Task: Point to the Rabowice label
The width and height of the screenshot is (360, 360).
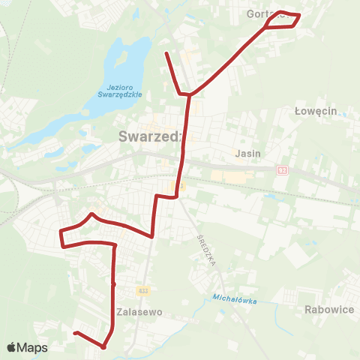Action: coord(329,309)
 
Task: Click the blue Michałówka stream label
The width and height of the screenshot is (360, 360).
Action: coord(235,300)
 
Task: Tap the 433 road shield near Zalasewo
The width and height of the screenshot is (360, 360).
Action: coord(143,289)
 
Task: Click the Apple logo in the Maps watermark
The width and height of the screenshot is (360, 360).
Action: coord(12,347)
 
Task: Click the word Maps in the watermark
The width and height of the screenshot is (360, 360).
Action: coord(32,347)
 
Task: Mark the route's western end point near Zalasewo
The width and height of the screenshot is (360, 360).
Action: coord(75,332)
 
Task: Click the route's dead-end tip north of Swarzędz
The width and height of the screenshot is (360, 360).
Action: coord(166,52)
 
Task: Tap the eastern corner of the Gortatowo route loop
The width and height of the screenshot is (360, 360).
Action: coord(299,15)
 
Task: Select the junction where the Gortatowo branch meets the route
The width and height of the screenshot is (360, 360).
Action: coord(192,94)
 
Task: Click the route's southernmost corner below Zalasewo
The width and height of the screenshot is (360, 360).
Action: coord(103,346)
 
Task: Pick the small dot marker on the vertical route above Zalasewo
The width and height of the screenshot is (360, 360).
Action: coord(113,284)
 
